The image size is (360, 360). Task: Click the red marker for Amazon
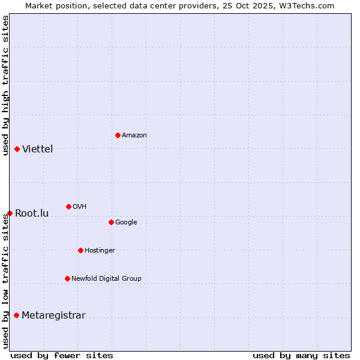coord(118,135)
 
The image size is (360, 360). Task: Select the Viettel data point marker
coord(17,149)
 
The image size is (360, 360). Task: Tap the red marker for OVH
coord(68,206)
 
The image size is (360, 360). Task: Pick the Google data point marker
coord(111,222)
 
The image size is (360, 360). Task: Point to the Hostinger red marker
coord(80,250)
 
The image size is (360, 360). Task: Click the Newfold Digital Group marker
coord(67,278)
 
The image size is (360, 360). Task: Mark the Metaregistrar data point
coord(16,315)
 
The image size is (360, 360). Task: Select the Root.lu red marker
coord(10,213)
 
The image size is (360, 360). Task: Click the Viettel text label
coord(38,149)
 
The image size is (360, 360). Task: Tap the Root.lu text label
coord(32,214)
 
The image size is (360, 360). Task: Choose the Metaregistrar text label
coord(53,316)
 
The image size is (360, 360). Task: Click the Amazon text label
coord(134,136)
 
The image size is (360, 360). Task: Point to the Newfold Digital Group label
coord(106,278)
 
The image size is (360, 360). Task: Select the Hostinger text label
coord(100,250)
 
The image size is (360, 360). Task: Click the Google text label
coord(126,222)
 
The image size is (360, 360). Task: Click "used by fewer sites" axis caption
coord(62,355)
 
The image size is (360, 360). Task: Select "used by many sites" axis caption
coord(301,355)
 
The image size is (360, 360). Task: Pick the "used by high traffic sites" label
coord(5,85)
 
